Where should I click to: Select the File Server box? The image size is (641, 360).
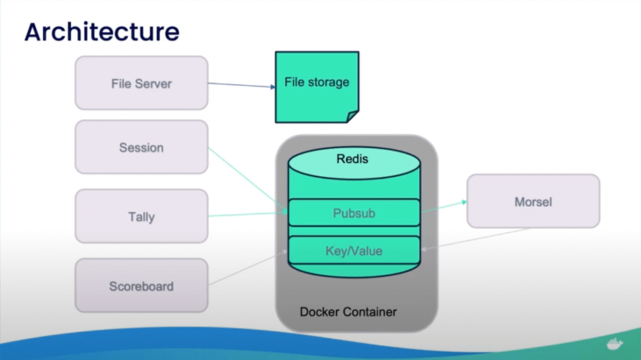tap(141, 83)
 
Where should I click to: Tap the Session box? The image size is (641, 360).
tap(141, 147)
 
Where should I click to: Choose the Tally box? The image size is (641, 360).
tap(141, 217)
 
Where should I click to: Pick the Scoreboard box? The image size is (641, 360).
tap(141, 286)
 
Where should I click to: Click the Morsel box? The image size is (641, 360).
tap(533, 202)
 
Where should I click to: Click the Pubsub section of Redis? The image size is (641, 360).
tap(354, 213)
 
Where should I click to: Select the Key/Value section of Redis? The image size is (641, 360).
tap(354, 251)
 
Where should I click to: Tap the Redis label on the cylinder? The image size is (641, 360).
tap(352, 158)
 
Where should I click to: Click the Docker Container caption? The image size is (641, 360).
tap(348, 312)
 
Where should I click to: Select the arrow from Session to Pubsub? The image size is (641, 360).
tap(247, 180)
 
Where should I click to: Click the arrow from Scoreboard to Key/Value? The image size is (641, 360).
tap(248, 268)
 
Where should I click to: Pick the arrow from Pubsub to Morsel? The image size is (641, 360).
tap(444, 207)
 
